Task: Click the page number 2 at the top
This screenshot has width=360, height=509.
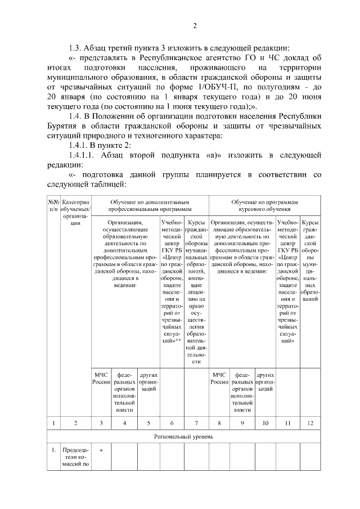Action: tap(195, 26)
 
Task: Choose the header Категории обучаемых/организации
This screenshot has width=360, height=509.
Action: tap(75, 212)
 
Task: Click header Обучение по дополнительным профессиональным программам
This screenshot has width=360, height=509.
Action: tap(150, 205)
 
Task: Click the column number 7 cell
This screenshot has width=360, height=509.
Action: tap(196, 422)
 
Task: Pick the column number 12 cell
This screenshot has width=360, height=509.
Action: tap(310, 422)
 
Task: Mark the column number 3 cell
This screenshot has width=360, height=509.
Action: tap(101, 422)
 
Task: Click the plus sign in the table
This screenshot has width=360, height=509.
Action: tap(101, 450)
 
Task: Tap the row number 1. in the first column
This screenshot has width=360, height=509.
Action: tap(53, 450)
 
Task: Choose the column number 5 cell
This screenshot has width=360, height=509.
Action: tap(148, 422)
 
